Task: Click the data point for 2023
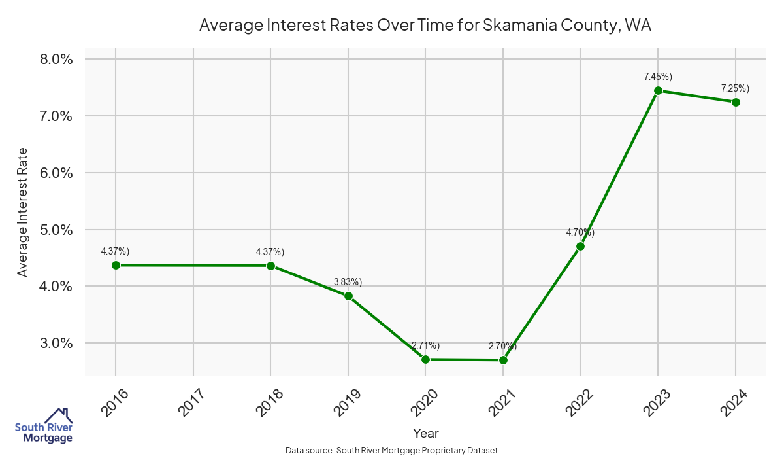pos(658,91)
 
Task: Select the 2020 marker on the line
pos(425,359)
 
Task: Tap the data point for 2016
pos(116,265)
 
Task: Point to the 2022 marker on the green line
pos(580,246)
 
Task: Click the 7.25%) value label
pos(735,88)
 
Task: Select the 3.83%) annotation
pos(348,282)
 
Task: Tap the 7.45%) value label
pos(658,77)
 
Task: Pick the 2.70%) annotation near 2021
pos(502,345)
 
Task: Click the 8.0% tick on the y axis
pos(56,60)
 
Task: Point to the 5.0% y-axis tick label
pos(56,230)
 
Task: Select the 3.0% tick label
pos(56,343)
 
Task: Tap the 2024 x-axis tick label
pos(732,402)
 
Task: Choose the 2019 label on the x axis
pos(346,402)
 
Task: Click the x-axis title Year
pos(426,433)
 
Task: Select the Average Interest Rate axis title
pos(23,212)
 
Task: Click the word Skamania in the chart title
pos(514,26)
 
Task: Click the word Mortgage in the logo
pos(48,438)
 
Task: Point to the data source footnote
pos(392,451)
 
